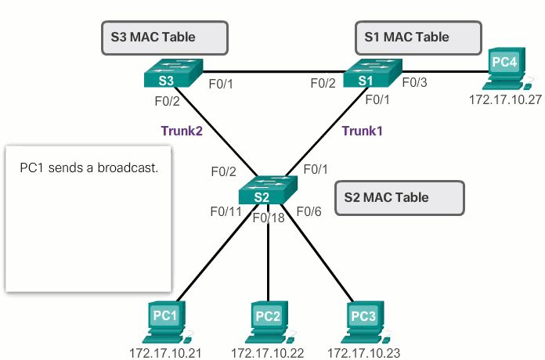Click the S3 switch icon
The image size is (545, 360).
point(172,75)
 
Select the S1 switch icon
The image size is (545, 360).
point(370,75)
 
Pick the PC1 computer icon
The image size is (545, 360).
point(164,321)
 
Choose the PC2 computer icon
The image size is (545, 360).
point(268,322)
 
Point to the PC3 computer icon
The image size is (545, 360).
point(363,321)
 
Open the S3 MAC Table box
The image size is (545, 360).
point(164,37)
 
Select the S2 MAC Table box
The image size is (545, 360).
point(397,198)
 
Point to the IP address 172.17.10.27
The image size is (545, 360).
point(504,99)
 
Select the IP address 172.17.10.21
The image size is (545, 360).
point(165,352)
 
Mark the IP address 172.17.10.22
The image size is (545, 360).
point(267,352)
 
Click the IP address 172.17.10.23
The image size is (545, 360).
point(363,352)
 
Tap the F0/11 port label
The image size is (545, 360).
point(226,211)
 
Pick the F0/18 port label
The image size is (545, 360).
point(269,217)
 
